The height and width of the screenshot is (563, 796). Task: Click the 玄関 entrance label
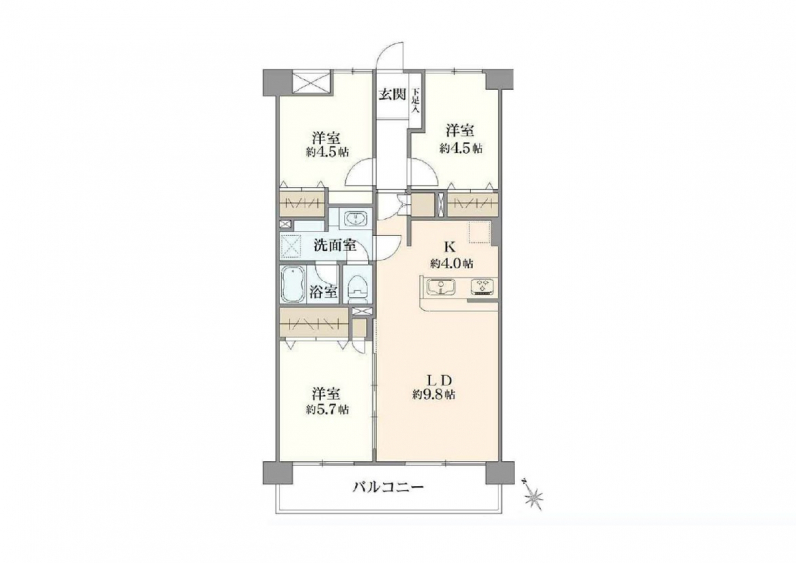tap(392, 94)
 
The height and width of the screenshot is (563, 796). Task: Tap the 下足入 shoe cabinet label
tap(416, 100)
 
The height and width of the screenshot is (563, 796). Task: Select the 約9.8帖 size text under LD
tap(434, 395)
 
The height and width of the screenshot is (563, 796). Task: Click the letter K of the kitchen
tap(449, 248)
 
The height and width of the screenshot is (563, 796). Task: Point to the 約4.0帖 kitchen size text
tap(452, 263)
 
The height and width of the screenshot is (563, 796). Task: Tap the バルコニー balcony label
tap(388, 488)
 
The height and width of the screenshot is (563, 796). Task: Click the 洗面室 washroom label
tap(334, 246)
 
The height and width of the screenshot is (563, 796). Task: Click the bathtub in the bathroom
tap(293, 284)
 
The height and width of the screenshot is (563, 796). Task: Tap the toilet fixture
tap(358, 285)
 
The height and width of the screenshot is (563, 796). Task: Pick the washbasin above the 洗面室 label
tap(357, 219)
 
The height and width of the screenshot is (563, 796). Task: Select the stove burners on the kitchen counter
tap(482, 287)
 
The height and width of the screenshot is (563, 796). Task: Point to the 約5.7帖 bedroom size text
tap(327, 409)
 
